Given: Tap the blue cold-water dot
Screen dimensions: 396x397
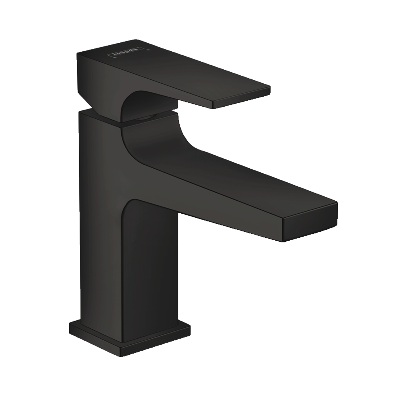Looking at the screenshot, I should (148, 49).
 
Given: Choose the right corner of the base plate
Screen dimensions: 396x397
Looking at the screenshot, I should (190, 328).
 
